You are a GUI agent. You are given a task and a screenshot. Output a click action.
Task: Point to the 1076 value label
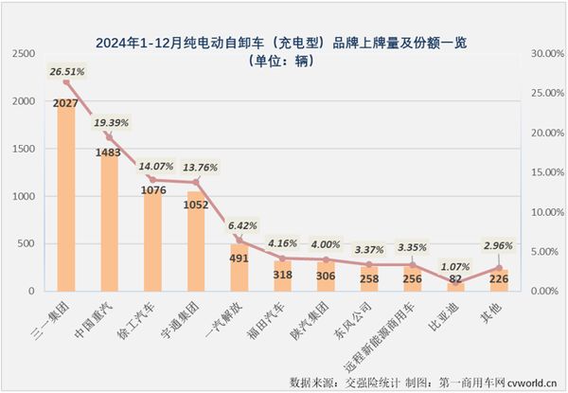tap(152, 190)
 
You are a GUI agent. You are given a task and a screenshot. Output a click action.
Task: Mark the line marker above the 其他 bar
tap(498, 268)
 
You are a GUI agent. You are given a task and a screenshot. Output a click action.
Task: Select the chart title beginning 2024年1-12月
tap(284, 43)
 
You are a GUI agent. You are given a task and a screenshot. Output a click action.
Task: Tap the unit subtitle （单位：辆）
tap(284, 61)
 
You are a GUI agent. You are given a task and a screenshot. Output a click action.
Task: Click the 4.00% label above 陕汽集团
tap(327, 244)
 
